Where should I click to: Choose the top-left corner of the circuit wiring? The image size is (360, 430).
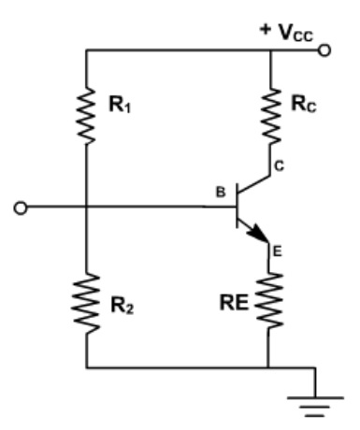[85, 50]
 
